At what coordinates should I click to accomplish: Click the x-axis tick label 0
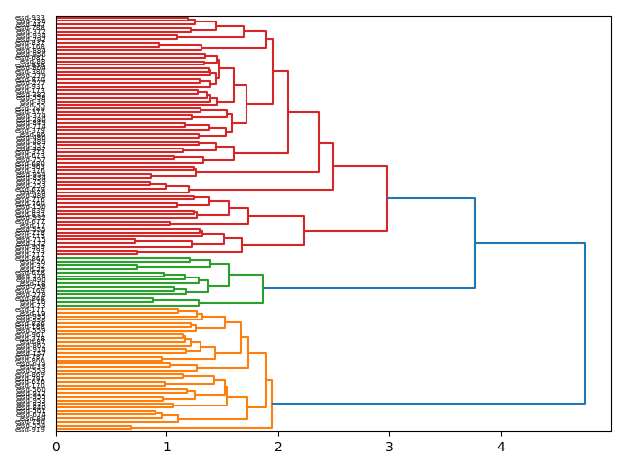point(56,447)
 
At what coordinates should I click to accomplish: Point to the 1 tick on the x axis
point(167,447)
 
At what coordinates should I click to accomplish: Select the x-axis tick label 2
point(278,447)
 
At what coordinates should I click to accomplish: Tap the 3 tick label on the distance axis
point(389,447)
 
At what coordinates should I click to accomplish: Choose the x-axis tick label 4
point(501,447)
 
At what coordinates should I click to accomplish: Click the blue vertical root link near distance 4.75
point(585,322)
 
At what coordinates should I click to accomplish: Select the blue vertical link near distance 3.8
point(475,243)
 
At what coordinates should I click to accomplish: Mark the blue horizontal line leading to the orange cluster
point(428,403)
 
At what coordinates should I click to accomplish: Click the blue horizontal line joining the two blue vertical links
point(530,243)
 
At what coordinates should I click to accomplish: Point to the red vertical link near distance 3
point(387,198)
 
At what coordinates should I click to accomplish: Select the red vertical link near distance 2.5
point(333,166)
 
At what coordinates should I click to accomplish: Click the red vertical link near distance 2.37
point(319,142)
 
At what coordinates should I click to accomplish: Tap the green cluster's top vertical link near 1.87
point(263,288)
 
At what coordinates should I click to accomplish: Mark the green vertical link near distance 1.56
point(229,275)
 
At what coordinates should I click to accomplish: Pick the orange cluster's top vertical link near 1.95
point(272,403)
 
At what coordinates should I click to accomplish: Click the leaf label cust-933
point(30,18)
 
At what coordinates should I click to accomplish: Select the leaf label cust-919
point(30,429)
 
